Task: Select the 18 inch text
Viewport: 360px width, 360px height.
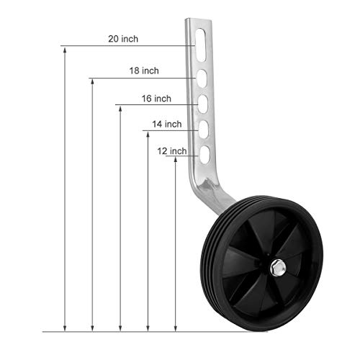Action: (144, 71)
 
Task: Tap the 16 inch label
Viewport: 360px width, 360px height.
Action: (156, 98)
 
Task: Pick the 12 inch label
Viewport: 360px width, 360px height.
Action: (172, 150)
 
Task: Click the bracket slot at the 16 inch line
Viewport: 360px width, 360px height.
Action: (204, 104)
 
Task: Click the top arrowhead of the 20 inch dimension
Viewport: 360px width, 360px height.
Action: (66, 51)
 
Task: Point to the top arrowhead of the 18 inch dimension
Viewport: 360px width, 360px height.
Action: (92, 81)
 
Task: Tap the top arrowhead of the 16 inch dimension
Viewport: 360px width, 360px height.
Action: (120, 109)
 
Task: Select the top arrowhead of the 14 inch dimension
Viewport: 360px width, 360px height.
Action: (148, 135)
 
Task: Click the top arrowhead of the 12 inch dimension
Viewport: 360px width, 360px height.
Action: (175, 160)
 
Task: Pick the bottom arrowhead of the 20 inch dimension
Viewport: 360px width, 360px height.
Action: (66, 327)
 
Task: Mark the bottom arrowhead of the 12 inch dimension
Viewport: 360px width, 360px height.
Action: (175, 327)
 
